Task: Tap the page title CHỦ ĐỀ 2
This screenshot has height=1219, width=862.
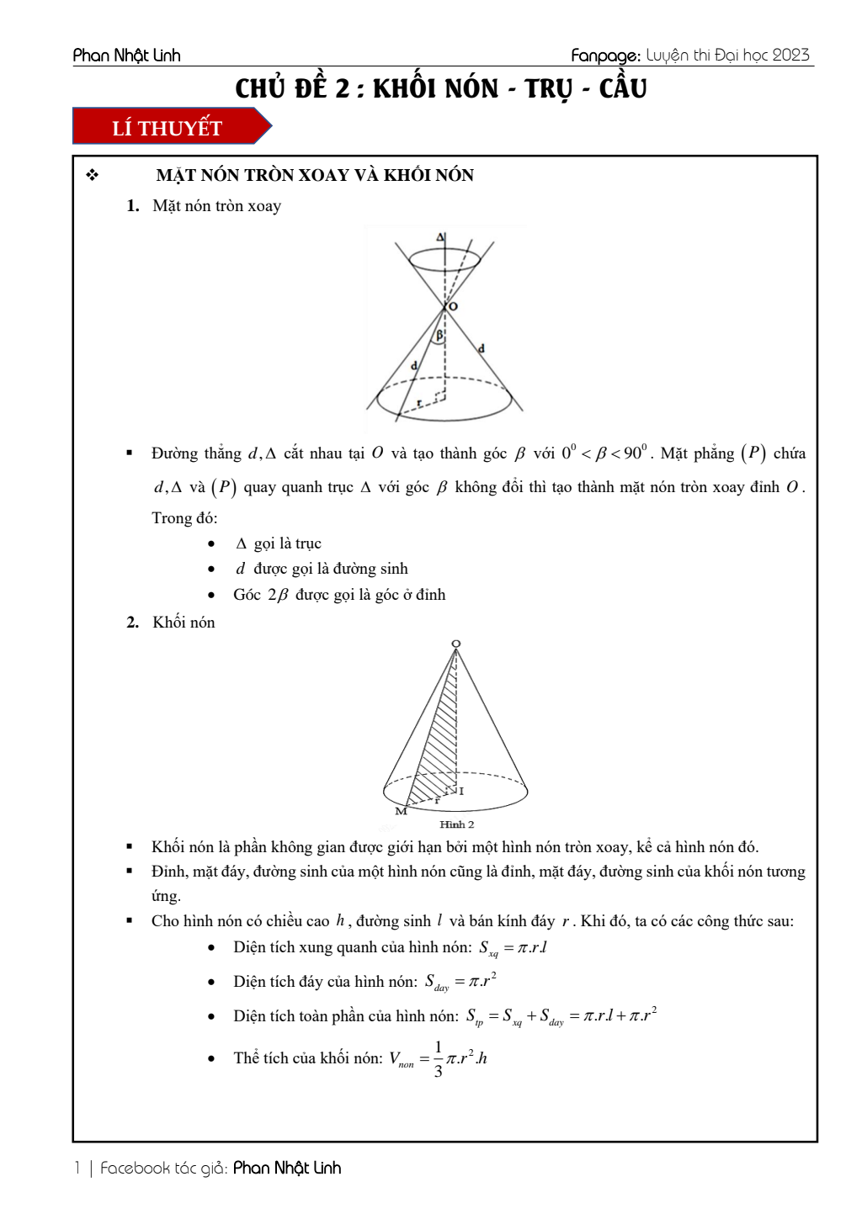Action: point(440,88)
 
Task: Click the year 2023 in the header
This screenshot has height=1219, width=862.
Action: point(790,56)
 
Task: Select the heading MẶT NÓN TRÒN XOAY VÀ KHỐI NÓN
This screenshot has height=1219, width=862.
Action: point(315,175)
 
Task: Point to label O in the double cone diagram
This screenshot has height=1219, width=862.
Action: point(454,306)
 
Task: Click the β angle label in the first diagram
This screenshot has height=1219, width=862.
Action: point(439,335)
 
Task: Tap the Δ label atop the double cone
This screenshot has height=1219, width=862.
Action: point(440,237)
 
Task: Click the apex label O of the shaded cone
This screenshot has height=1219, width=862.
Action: point(455,644)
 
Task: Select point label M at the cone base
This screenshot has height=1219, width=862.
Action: point(401,811)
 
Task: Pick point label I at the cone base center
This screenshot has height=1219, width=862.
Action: point(461,791)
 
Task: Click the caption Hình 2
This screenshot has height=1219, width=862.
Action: point(456,824)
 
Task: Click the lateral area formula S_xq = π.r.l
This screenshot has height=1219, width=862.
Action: point(513,948)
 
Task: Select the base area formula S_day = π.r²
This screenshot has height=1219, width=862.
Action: point(460,982)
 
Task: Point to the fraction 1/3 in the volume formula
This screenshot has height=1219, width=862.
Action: point(438,1058)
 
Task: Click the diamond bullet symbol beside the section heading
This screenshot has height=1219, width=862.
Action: point(93,175)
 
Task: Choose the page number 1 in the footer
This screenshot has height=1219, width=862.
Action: point(77,1168)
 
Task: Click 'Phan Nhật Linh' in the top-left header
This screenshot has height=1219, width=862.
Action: point(126,56)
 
